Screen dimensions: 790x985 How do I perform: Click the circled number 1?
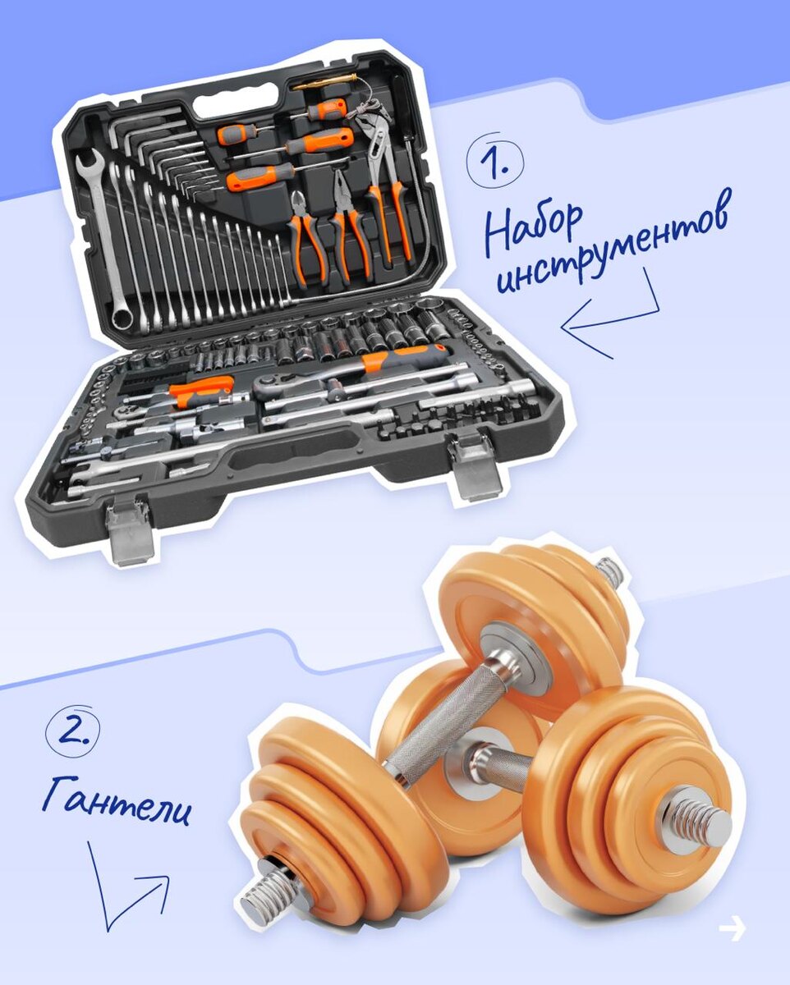(x=494, y=160)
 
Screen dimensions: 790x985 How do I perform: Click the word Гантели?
(x=116, y=800)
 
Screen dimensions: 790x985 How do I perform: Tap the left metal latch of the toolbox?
(x=130, y=531)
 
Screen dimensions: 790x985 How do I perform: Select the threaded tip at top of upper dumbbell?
(x=610, y=572)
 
